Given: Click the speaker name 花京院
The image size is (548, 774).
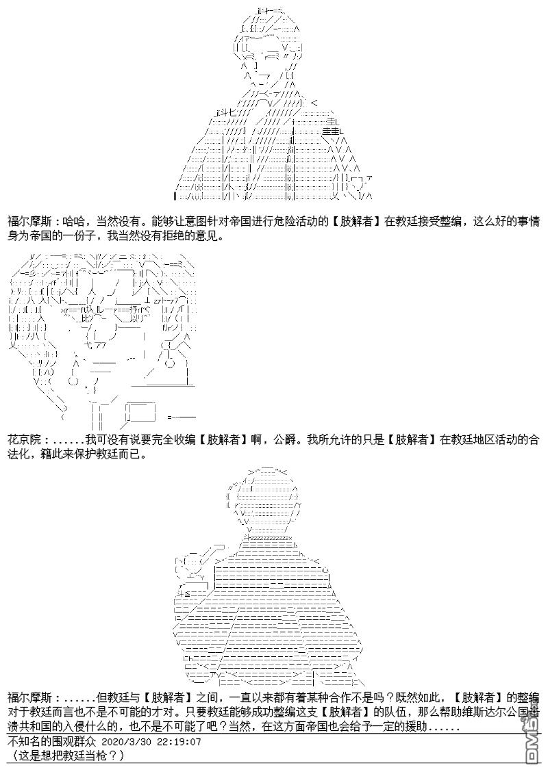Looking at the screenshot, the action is (24, 439).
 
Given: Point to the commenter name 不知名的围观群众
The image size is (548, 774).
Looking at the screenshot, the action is (52, 742).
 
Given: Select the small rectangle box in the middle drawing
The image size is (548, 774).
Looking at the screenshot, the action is (141, 411).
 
